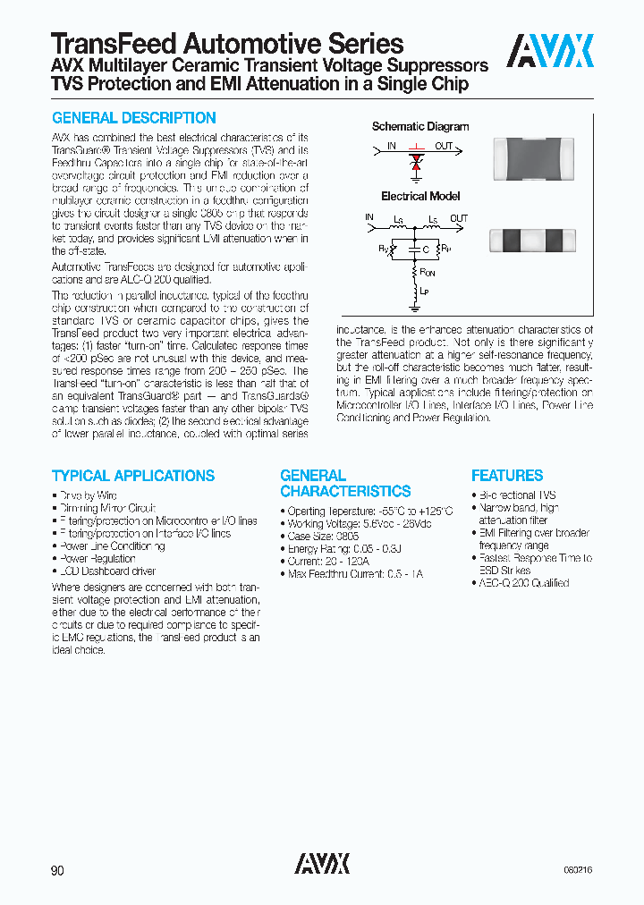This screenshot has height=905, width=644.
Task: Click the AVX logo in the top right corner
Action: [x=549, y=51]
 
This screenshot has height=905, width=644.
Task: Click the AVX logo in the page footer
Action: [x=322, y=863]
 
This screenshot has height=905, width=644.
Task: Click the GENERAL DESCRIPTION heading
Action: [x=134, y=118]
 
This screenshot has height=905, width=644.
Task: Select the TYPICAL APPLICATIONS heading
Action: [x=133, y=476]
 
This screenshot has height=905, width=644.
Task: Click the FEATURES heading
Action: [x=507, y=476]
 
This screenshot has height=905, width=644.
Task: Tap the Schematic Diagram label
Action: [x=420, y=127]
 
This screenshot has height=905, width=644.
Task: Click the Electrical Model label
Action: [x=420, y=196]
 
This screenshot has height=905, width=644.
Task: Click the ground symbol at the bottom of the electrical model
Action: [x=414, y=309]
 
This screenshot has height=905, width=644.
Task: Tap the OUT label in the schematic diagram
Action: [x=444, y=145]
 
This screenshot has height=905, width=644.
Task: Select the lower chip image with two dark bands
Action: [x=527, y=239]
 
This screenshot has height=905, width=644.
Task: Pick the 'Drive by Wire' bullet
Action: [x=88, y=495]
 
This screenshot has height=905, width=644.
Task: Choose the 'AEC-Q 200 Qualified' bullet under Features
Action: [x=523, y=583]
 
